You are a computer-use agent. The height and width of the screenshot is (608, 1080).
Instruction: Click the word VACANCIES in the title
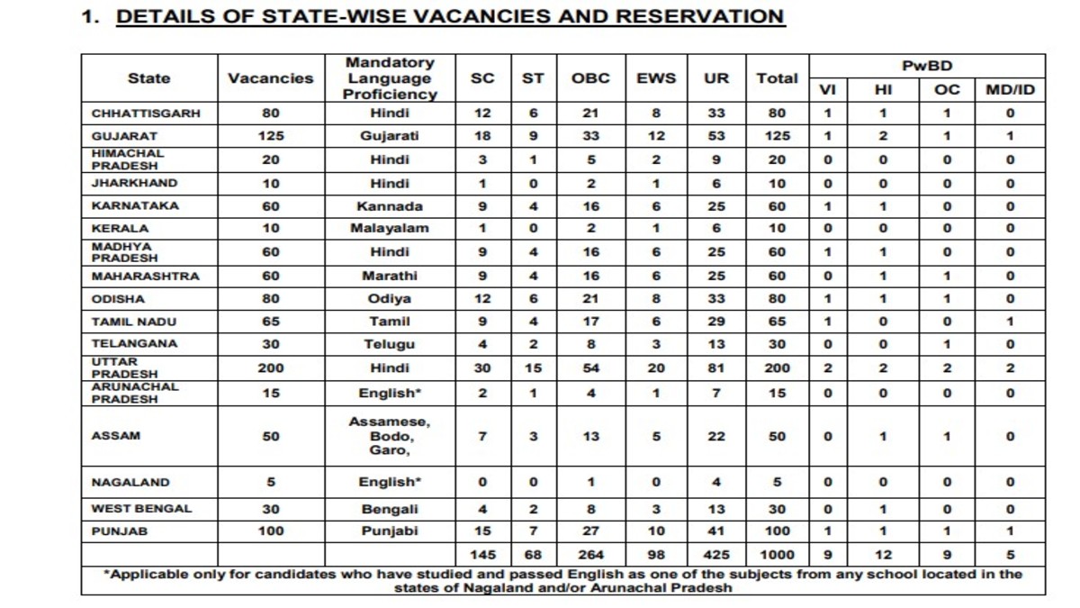coord(482,16)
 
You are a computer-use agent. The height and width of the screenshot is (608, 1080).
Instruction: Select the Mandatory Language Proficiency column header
coord(390,78)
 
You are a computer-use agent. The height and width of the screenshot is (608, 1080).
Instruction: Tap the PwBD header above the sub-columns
coord(927,66)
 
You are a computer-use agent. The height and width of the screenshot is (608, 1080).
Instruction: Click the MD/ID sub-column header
coord(1010,90)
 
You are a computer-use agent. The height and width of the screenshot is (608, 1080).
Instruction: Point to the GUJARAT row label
coord(124,136)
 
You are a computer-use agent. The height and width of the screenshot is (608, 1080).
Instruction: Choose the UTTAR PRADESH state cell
coord(125,368)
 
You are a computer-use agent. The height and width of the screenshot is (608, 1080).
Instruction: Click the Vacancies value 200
coord(271,368)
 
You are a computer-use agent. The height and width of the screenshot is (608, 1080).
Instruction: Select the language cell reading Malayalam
coord(390,228)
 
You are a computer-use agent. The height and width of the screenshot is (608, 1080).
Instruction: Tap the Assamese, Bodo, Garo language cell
coord(390,436)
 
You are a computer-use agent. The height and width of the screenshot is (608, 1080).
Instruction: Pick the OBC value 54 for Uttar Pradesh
coord(590,368)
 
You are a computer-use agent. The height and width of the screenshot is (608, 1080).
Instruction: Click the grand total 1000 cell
coord(777,555)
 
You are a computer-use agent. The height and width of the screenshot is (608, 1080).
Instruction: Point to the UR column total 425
coord(716,555)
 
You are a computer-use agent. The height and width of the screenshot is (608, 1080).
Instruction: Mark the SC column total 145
coord(482,555)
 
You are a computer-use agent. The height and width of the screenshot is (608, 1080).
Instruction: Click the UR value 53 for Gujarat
coord(716,136)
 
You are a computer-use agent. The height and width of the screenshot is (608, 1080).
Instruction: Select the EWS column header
coord(656,78)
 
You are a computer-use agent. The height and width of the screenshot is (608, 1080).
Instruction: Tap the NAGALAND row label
coord(130,483)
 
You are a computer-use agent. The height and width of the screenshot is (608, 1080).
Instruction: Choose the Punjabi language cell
coord(390,531)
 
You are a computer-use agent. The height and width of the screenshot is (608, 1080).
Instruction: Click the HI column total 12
coord(883,555)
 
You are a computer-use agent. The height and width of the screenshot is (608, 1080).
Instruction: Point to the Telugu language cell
coord(390,344)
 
